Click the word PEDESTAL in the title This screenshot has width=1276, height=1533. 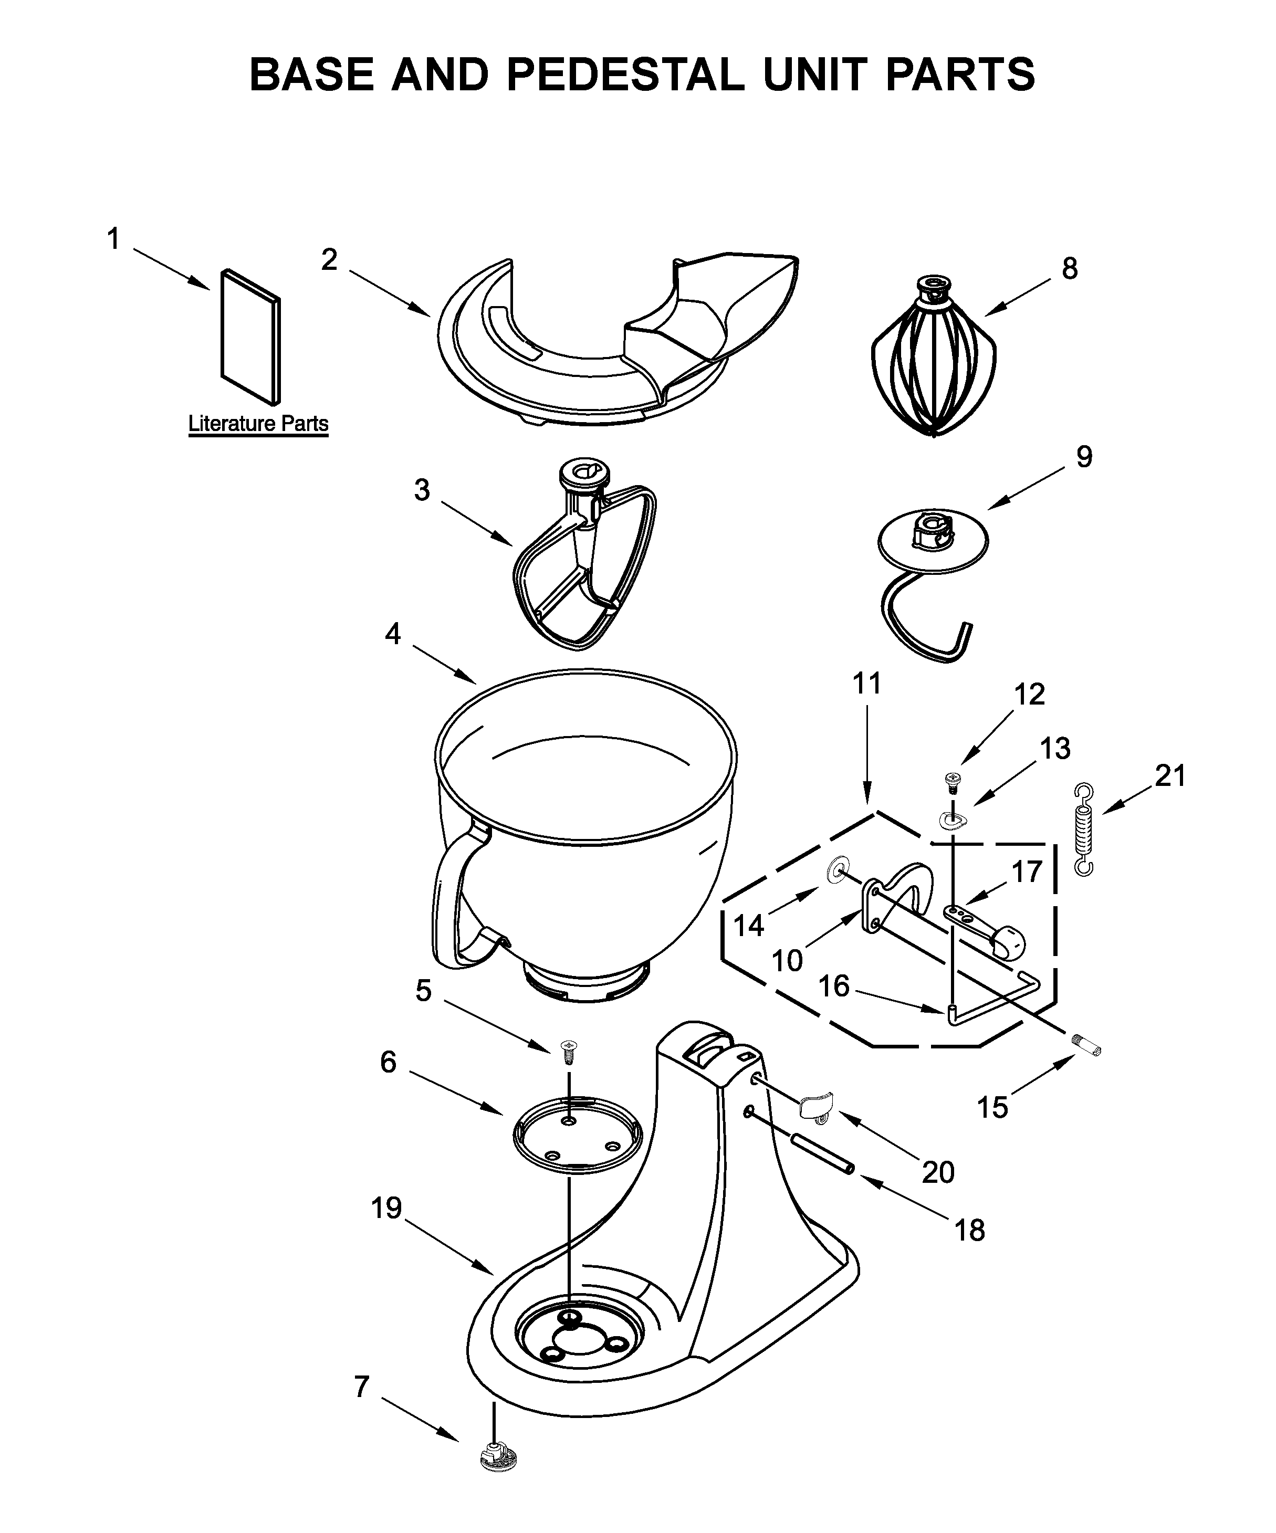point(625,75)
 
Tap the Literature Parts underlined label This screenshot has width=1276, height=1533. point(258,424)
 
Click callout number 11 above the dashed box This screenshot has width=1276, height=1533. point(867,684)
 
